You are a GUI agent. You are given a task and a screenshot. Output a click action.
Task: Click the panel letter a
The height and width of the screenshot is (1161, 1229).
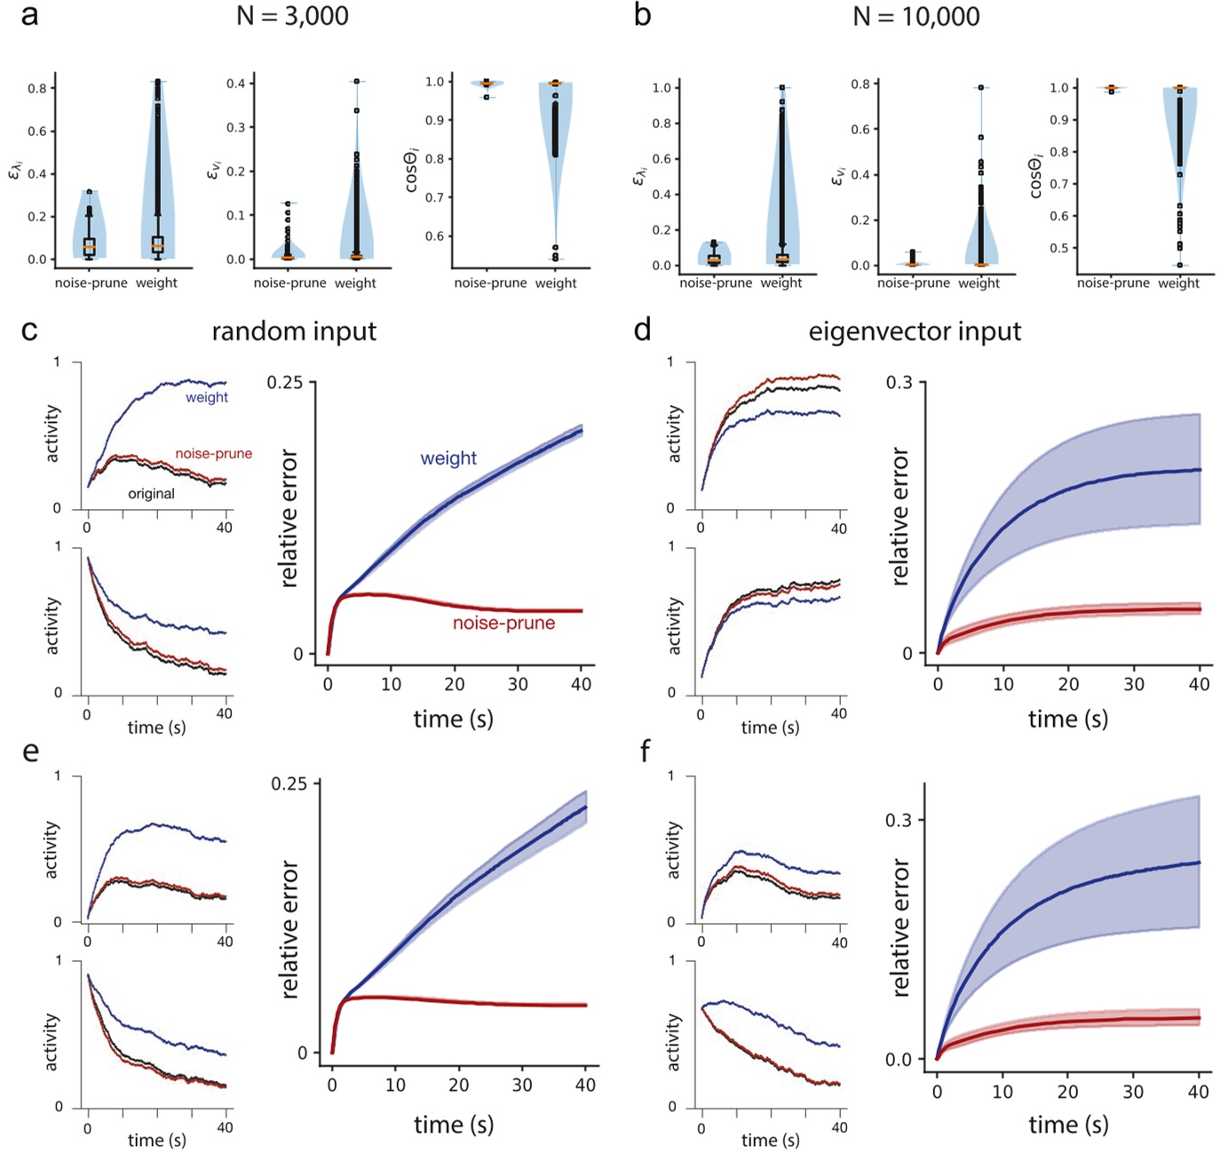(x=29, y=15)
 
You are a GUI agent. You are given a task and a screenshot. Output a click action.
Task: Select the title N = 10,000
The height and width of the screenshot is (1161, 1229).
(x=916, y=16)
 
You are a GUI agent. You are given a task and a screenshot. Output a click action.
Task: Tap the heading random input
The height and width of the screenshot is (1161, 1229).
(x=294, y=331)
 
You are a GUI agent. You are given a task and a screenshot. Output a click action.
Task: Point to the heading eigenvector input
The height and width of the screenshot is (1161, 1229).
(x=915, y=331)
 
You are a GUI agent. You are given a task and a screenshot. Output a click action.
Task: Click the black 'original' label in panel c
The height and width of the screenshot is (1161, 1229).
(x=151, y=494)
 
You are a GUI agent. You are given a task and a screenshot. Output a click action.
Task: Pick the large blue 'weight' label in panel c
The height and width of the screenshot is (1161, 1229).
(x=448, y=458)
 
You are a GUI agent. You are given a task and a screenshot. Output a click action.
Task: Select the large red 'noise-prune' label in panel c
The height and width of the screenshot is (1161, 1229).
(x=503, y=624)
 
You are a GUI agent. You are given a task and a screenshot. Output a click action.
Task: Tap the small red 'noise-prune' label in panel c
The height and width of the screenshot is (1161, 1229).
(x=213, y=454)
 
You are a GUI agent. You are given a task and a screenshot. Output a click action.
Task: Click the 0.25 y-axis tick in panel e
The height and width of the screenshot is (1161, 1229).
(x=289, y=783)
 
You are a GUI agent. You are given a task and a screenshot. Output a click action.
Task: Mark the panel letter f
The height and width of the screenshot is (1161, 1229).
(x=645, y=751)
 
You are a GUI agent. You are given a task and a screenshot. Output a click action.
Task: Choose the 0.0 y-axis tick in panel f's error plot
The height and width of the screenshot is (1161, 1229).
(x=899, y=1059)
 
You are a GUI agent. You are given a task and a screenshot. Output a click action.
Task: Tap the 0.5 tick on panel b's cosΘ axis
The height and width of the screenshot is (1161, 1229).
(x=1059, y=248)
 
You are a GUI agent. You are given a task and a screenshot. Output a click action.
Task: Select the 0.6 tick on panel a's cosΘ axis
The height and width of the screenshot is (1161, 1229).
(x=434, y=236)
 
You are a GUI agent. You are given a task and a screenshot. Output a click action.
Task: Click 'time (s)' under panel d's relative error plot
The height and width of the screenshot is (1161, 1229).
(x=1067, y=719)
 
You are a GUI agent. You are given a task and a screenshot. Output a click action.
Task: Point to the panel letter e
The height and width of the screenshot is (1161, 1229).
(x=30, y=751)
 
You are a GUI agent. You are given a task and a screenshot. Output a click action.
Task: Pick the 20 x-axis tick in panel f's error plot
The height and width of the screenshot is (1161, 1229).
(x=1067, y=1092)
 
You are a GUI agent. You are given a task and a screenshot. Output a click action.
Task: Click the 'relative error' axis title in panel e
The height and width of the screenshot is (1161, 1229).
(x=289, y=929)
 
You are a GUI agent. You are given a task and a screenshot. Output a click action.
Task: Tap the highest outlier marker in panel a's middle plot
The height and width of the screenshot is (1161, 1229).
(x=356, y=82)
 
